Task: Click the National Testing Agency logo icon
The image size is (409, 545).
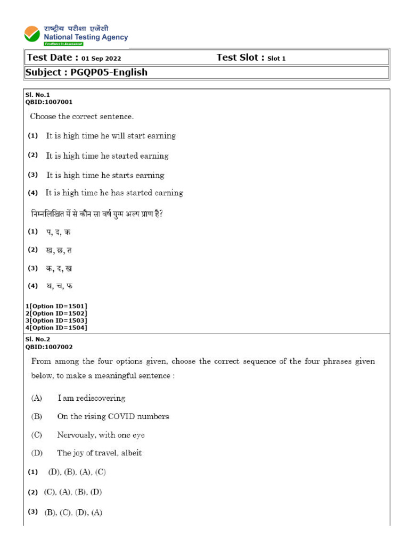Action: tap(32, 34)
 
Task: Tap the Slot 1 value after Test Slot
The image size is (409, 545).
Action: tap(276, 59)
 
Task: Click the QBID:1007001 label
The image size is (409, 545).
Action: tap(49, 102)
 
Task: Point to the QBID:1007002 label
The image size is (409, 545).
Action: tap(49, 346)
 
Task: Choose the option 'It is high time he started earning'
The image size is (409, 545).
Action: tap(107, 156)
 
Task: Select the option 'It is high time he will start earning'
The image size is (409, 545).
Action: tap(111, 136)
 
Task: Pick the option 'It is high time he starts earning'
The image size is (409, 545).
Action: tap(105, 175)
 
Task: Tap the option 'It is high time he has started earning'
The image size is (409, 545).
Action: tap(114, 193)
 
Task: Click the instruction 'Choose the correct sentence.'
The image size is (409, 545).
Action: tap(81, 116)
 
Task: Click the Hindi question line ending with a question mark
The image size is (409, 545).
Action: tap(96, 214)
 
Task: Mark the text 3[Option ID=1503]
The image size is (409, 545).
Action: tap(56, 320)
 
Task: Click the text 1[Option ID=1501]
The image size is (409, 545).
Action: tap(56, 306)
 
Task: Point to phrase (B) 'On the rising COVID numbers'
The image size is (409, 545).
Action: tap(113, 416)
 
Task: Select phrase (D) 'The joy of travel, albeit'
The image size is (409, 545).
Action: tap(99, 453)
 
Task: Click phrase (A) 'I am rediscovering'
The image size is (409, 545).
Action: tap(91, 398)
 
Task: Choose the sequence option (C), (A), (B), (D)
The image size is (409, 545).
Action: tap(72, 492)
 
